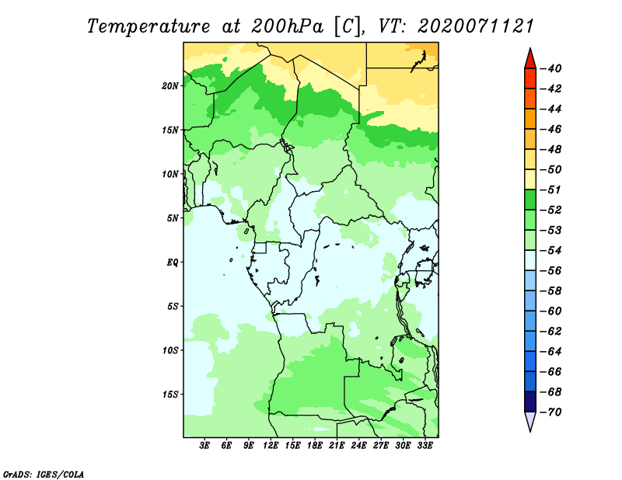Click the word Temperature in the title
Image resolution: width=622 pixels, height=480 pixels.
[x=149, y=26]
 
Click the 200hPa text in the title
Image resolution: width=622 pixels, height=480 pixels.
[x=287, y=26]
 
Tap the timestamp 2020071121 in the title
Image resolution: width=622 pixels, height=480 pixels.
[x=476, y=26]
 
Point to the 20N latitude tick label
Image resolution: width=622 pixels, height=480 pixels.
[x=170, y=86]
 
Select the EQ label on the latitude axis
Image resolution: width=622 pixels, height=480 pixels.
[x=173, y=263]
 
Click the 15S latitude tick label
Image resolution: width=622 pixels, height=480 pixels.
[x=170, y=395]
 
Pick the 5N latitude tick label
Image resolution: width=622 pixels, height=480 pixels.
[x=173, y=218]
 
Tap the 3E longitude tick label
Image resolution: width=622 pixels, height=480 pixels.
[x=204, y=446]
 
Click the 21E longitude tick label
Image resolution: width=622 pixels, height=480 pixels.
[x=337, y=446]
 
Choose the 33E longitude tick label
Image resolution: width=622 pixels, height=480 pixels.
[x=425, y=446]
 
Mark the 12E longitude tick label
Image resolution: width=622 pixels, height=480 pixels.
[x=271, y=446]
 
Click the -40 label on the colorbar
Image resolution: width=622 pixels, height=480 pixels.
[x=551, y=68]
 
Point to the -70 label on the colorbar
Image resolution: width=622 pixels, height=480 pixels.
[x=551, y=412]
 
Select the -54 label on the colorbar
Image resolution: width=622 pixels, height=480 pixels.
[x=551, y=251]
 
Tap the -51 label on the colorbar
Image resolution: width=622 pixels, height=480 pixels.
[x=551, y=190]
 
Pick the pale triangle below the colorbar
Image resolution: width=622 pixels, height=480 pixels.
[x=530, y=420]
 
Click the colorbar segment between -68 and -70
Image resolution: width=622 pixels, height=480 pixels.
[x=530, y=402]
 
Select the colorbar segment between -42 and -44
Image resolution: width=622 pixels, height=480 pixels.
[x=530, y=99]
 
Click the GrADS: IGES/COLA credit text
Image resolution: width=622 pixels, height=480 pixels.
[x=44, y=475]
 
